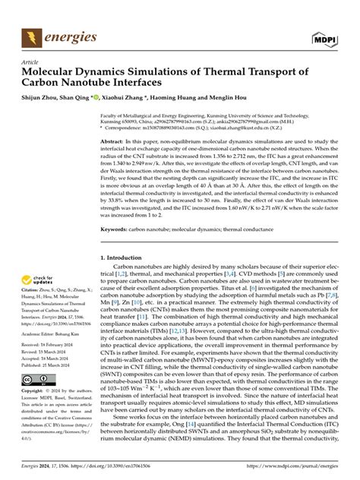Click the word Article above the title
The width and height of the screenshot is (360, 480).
[x=31, y=62]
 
